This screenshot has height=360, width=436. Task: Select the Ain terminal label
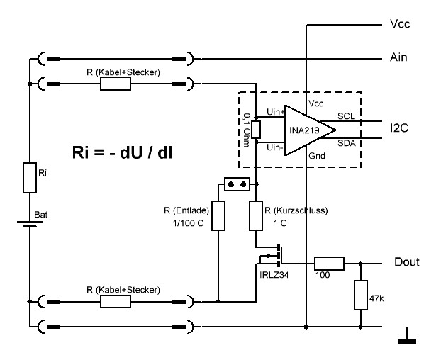(x=399, y=57)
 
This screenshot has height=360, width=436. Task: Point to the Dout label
(x=407, y=262)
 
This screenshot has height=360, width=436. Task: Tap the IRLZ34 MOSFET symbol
(x=276, y=254)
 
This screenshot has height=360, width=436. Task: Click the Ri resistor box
(x=29, y=177)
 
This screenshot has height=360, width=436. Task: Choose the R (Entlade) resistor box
(x=218, y=215)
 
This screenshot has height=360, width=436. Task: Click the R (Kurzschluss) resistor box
(x=256, y=215)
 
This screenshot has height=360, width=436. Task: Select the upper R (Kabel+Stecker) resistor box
(x=116, y=85)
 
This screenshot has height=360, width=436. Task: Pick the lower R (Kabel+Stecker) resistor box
(x=116, y=301)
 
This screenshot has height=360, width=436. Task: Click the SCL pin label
(x=346, y=115)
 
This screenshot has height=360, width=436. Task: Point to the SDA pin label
(x=346, y=143)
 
